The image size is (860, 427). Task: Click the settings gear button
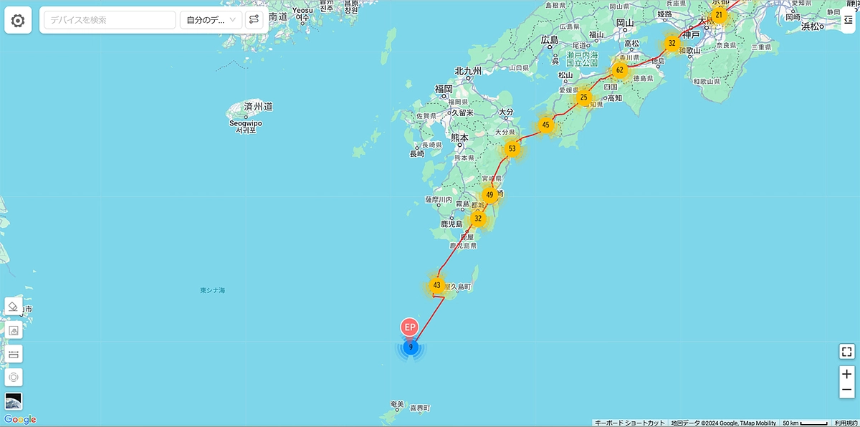[x=18, y=20]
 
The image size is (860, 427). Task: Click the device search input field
[x=110, y=20]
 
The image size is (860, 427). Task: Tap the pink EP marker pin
[x=410, y=327]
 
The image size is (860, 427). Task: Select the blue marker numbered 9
[x=410, y=348]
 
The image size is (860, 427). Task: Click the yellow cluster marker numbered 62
[x=620, y=70]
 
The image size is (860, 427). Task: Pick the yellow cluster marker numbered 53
[x=512, y=149]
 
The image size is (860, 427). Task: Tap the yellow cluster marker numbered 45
[x=546, y=125]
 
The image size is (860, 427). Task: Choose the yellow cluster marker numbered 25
[x=584, y=97]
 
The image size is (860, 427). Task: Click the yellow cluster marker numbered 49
[x=489, y=194]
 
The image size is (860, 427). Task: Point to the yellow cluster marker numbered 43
[x=436, y=285]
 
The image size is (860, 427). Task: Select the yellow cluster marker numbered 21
[x=719, y=15]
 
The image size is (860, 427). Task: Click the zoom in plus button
[x=847, y=374]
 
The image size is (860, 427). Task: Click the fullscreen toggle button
[x=847, y=352]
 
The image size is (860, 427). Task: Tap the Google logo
[x=20, y=420]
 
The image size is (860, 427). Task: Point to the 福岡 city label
[x=444, y=89]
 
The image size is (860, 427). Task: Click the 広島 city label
[x=550, y=39]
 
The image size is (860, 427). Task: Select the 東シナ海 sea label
[x=213, y=290]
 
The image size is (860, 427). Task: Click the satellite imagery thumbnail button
[x=14, y=401]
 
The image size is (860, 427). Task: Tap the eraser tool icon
[x=14, y=307]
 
